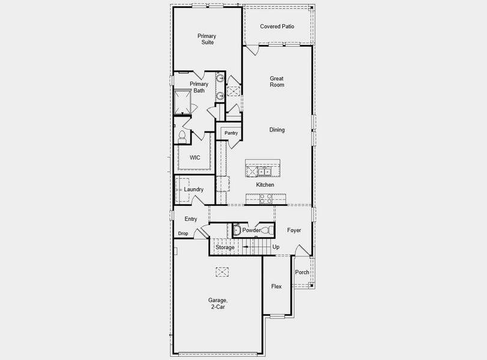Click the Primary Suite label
(x=207, y=39)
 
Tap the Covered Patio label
(x=277, y=26)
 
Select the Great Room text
(x=277, y=82)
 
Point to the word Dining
(x=277, y=130)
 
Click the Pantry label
(x=231, y=133)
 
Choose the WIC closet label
(x=195, y=158)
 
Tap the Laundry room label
(x=193, y=190)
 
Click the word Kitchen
(x=265, y=185)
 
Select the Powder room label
(x=250, y=230)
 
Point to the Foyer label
(x=294, y=230)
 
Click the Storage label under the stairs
(x=225, y=247)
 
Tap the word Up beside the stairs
(x=276, y=247)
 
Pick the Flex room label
(x=276, y=286)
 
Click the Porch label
(x=302, y=272)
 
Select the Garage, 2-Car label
(x=218, y=304)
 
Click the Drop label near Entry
(x=183, y=233)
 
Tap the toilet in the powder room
(x=270, y=230)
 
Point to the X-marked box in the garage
(x=223, y=272)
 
